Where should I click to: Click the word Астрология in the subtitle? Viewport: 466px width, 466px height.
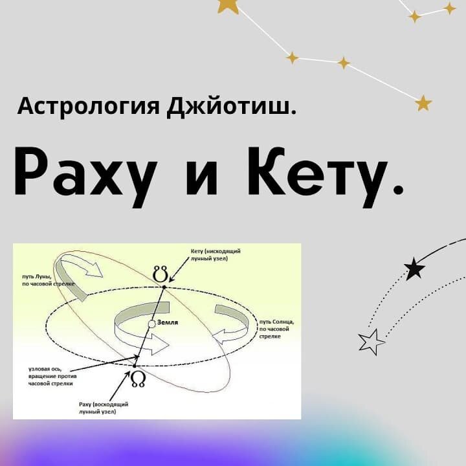89,106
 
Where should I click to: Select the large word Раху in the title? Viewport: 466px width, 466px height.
85,177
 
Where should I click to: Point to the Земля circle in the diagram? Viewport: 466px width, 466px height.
151,324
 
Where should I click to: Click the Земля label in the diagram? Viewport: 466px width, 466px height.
168,322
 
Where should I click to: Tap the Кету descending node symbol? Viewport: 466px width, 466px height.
161,274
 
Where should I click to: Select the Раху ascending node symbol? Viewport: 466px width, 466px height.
139,379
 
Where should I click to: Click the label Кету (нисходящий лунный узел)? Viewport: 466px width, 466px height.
216,255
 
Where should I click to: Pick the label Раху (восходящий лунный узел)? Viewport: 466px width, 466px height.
104,408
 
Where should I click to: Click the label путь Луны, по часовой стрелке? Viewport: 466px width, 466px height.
48,280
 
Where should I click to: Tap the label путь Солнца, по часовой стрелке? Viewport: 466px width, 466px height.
277,329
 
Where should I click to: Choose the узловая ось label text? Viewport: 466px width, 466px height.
52,376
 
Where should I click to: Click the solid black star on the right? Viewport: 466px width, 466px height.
415,269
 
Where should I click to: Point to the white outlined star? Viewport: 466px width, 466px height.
372,342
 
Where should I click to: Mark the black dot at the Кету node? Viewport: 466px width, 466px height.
164,287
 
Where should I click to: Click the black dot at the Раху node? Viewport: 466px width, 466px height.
135,366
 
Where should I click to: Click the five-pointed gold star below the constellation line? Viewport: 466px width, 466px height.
423,104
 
